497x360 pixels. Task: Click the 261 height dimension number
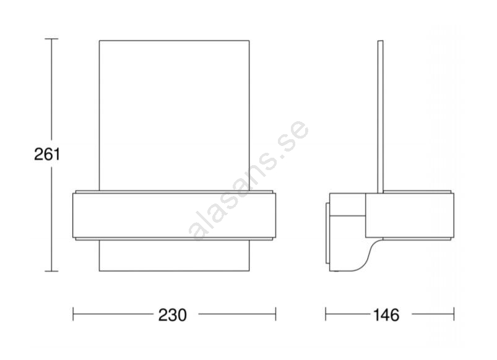[47, 155]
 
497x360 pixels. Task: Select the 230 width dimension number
[173, 315]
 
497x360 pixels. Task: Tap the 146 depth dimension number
[386, 315]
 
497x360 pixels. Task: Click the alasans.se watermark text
[249, 181]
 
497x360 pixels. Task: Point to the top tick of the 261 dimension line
[51, 39]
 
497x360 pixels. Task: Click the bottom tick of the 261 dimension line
[51, 272]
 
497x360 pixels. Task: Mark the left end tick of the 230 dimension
[73, 314]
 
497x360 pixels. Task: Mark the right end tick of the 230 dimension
[276, 314]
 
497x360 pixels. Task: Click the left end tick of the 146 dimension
[326, 314]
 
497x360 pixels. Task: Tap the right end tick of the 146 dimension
[454, 314]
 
